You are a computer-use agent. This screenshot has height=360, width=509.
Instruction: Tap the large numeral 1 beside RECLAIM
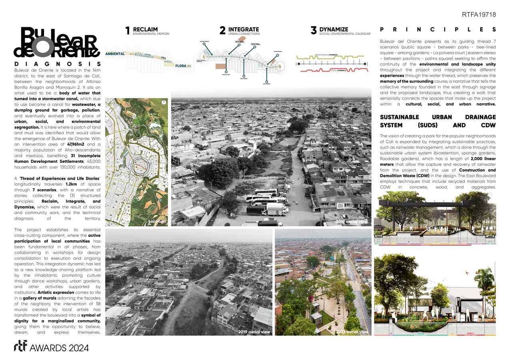128,31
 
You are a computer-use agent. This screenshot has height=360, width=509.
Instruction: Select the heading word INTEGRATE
244,29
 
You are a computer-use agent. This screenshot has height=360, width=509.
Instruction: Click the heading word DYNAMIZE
333,29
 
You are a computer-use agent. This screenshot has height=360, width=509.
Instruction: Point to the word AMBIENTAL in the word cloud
114,54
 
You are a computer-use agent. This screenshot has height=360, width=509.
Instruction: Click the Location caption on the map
157,221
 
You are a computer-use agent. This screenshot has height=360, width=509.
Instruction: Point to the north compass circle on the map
164,102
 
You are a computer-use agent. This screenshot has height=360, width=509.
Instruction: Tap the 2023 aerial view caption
352,332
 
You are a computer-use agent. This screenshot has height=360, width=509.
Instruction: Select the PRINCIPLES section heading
437,30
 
